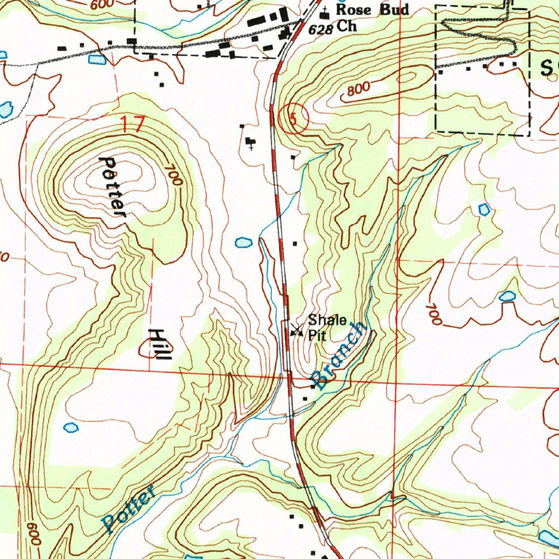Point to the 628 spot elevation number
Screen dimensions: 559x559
pos(320,29)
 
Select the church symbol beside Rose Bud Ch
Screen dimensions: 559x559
pos(326,11)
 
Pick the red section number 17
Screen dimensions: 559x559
pos(133,124)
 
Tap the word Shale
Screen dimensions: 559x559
pos(327,320)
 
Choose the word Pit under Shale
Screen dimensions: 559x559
pos(317,335)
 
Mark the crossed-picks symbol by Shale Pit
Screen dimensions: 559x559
pos(297,329)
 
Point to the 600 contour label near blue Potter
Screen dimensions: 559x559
pos(33,534)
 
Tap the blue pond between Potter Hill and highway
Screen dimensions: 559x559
pos(243,242)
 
